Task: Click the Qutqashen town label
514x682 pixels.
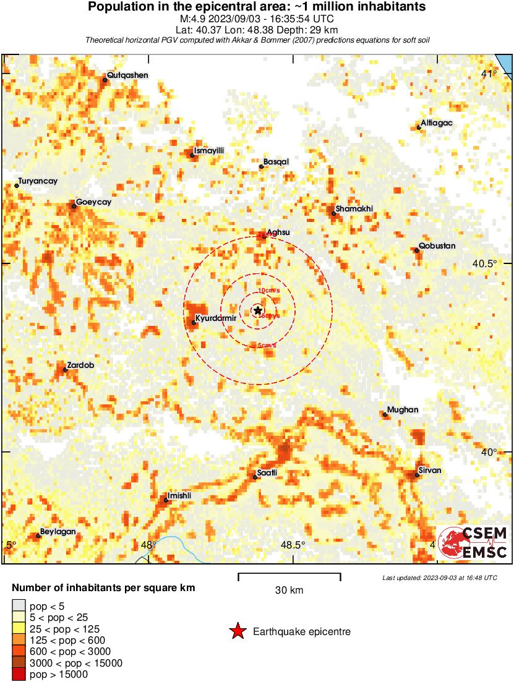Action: (127, 75)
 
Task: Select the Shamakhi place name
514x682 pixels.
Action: (354, 209)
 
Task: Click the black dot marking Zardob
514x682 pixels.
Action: (65, 370)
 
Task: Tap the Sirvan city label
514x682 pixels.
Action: (429, 471)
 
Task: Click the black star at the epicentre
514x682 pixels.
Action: (258, 310)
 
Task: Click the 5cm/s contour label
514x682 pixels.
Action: (267, 346)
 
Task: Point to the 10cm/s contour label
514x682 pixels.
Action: (269, 290)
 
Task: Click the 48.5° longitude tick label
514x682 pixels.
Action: (293, 545)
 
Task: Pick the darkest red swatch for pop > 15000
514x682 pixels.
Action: (19, 675)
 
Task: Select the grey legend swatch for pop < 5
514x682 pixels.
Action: (19, 605)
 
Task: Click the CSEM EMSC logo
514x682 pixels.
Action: (474, 543)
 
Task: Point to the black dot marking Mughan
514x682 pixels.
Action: (385, 414)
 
